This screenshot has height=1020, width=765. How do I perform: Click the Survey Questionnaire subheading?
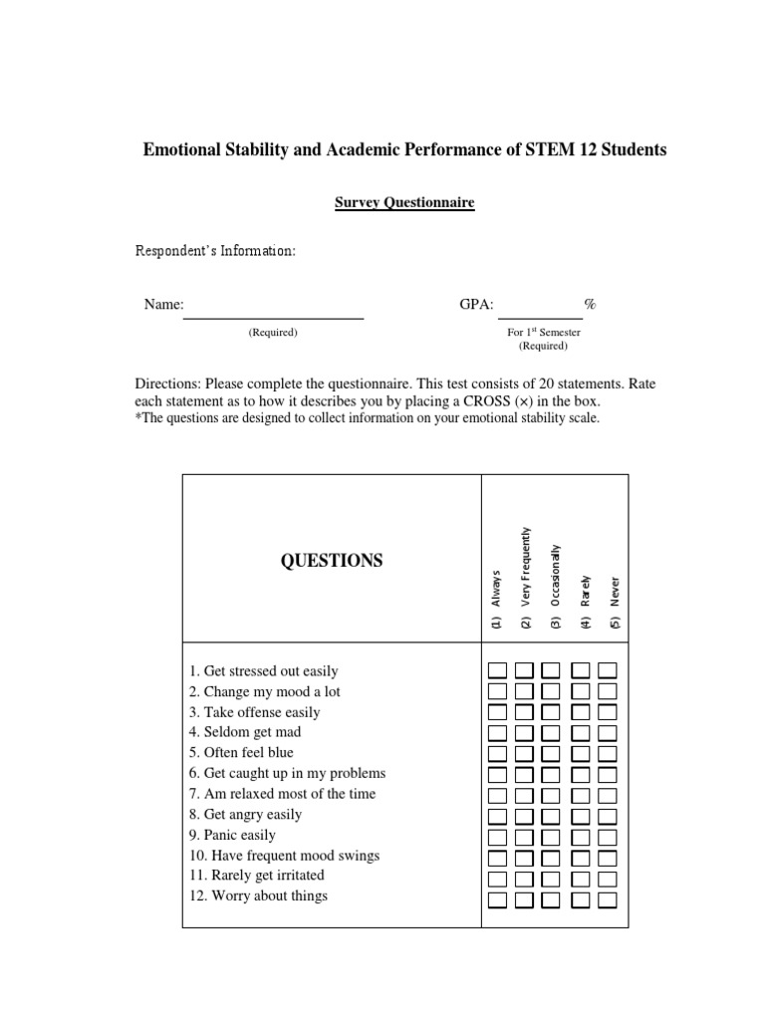click(x=403, y=202)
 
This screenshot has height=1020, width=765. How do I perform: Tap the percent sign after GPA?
click(x=591, y=304)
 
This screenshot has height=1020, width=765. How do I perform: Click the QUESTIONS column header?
click(x=332, y=561)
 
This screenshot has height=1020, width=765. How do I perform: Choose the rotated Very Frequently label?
click(x=526, y=579)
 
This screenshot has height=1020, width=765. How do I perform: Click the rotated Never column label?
click(x=616, y=603)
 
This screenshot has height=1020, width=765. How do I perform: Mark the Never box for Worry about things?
click(x=607, y=900)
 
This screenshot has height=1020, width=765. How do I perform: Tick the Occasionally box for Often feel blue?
click(x=551, y=754)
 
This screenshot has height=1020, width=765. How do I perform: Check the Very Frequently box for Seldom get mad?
click(x=524, y=733)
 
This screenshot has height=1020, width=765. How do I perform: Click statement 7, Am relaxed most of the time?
click(x=282, y=794)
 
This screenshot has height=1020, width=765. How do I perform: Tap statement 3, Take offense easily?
click(x=254, y=712)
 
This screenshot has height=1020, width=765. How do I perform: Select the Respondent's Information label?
click(x=215, y=251)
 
